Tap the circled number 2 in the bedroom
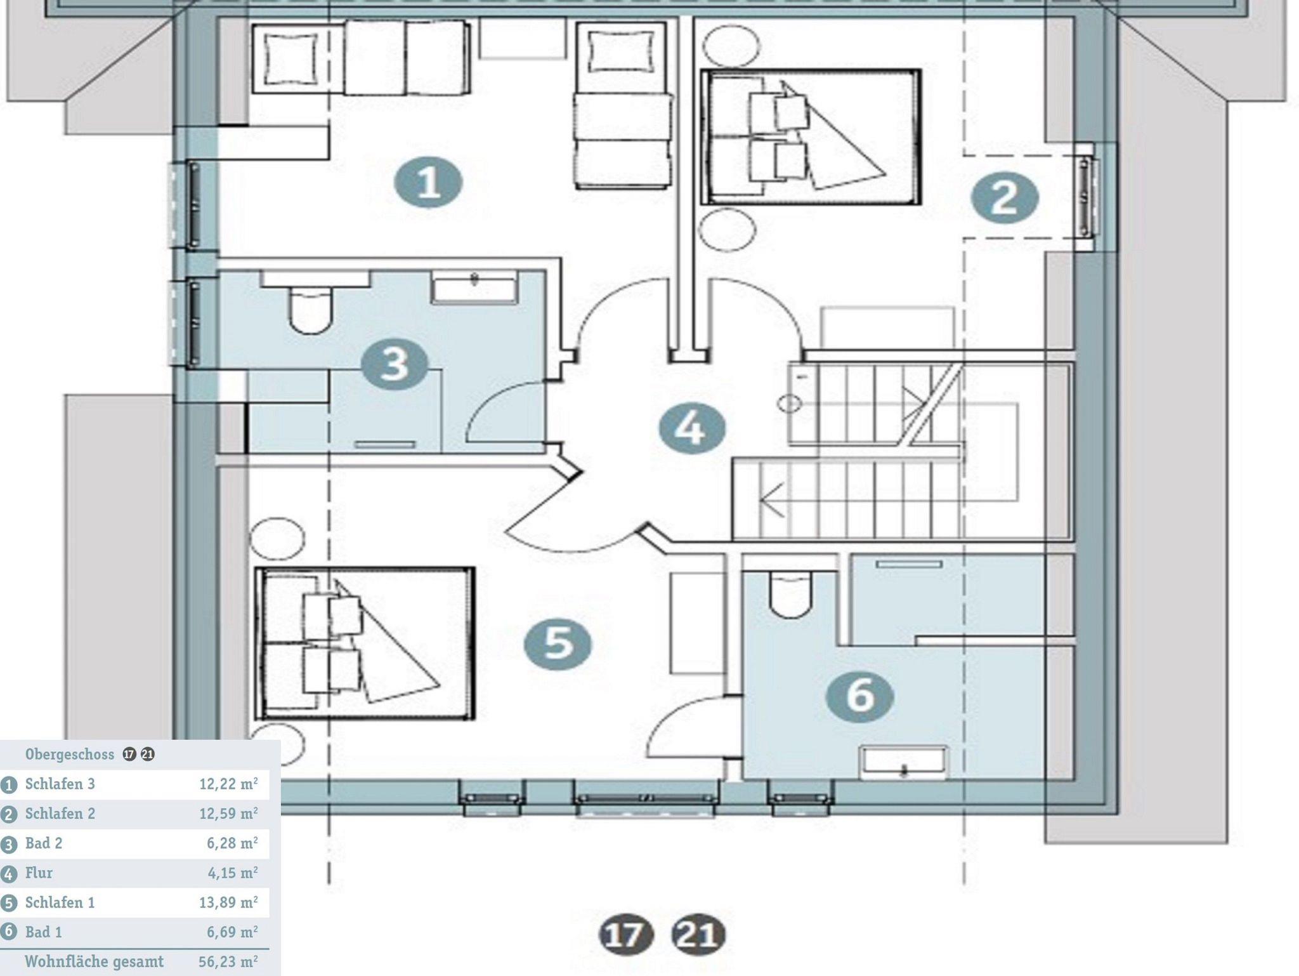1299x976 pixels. [x=1005, y=198]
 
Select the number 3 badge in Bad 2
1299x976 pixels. [x=395, y=365]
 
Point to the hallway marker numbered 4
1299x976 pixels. [x=691, y=428]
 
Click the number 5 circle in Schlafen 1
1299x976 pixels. [x=558, y=643]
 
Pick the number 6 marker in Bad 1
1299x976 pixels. [x=860, y=696]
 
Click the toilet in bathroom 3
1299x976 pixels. [x=310, y=310]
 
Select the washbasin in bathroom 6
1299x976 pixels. [x=903, y=762]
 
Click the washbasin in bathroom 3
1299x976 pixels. [x=475, y=286]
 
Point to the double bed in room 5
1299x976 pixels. [x=365, y=643]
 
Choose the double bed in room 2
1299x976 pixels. [x=811, y=137]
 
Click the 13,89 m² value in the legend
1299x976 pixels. [x=228, y=902]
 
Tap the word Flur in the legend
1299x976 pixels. [x=39, y=873]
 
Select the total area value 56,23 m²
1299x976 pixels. [x=228, y=961]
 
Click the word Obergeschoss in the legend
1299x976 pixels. [x=70, y=755]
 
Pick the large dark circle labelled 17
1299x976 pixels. [x=626, y=935]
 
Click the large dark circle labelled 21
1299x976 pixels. [x=698, y=935]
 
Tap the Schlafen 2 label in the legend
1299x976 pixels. [x=60, y=814]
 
